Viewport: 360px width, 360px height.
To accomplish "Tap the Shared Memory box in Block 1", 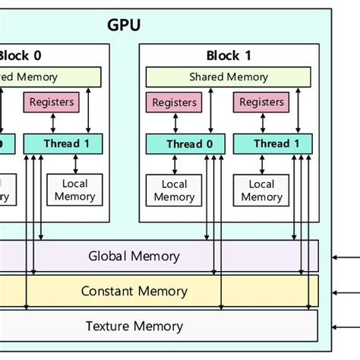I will [229, 77].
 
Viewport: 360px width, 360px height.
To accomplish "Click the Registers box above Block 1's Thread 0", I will [174, 103].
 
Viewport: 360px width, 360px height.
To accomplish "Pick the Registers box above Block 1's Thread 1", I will [262, 103].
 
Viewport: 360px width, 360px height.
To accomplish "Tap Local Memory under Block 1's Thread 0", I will [174, 190].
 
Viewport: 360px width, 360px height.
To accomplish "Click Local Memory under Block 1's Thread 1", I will [262, 190].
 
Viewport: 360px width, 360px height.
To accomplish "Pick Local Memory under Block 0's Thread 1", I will [74, 190].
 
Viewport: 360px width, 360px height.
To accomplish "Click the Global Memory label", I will [134, 256].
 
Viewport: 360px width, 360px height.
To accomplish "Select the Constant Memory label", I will [134, 292].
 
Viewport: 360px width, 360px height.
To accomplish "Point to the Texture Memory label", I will [134, 327].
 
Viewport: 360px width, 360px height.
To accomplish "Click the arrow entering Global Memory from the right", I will [345, 257].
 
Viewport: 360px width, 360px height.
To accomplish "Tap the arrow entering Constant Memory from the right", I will [345, 292].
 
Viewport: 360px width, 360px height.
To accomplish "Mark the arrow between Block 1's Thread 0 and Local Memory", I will [175, 163].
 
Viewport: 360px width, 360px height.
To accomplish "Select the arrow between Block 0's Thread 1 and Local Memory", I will [74, 163].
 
